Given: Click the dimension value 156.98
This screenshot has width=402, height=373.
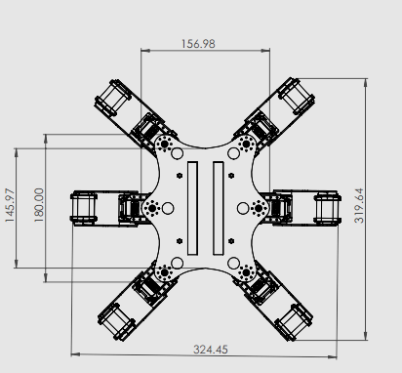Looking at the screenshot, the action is pyautogui.click(x=198, y=44).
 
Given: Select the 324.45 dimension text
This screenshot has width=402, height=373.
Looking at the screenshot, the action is pyautogui.click(x=211, y=350).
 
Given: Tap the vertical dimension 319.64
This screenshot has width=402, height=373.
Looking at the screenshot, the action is pyautogui.click(x=359, y=206).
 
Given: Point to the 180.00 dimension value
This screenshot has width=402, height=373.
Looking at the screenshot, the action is pyautogui.click(x=39, y=205).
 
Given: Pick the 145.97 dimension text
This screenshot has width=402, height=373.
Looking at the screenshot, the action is pyautogui.click(x=10, y=205).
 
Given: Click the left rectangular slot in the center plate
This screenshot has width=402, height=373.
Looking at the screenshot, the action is pyautogui.click(x=192, y=208).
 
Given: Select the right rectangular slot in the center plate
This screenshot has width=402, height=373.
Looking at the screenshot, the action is pyautogui.click(x=218, y=208).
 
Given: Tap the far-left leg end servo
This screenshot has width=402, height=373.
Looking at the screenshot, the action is pyautogui.click(x=84, y=208).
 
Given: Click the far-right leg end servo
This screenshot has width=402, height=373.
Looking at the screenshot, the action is pyautogui.click(x=328, y=208).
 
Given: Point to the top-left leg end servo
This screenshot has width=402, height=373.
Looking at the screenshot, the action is pyautogui.click(x=113, y=98).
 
